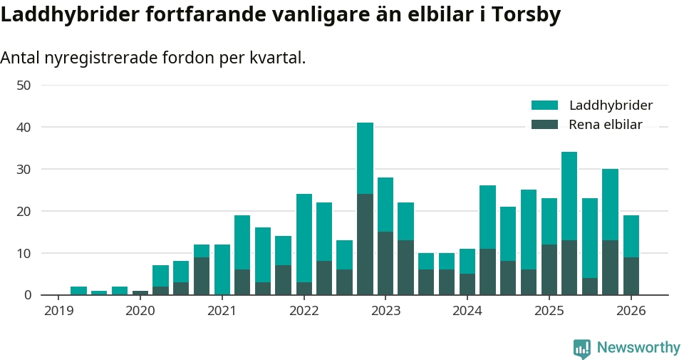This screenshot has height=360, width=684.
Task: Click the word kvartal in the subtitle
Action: coord(277,58)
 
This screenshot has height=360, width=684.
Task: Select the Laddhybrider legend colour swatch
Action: coord(544,106)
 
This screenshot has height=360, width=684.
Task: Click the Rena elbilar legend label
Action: coord(606,125)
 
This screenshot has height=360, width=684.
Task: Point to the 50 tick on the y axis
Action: coord(24,86)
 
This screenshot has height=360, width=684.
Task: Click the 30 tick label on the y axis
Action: coord(24,169)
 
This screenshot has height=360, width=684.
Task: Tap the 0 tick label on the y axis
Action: coord(27,295)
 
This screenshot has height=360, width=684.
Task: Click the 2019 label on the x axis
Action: coord(58,311)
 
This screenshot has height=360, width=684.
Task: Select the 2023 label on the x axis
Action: coord(385,311)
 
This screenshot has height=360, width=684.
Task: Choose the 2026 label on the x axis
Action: coord(631,311)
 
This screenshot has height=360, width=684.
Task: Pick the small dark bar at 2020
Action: coord(140,292)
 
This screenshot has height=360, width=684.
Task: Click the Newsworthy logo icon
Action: coord(581,349)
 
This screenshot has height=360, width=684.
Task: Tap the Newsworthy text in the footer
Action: coord(638,348)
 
